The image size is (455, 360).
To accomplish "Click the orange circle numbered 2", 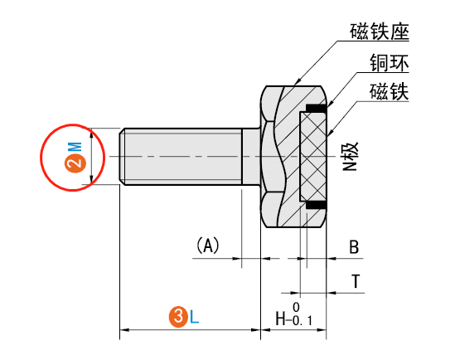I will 75,163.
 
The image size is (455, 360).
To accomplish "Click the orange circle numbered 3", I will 177,316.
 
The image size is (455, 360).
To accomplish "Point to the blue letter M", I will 75,146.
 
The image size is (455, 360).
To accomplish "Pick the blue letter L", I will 195,316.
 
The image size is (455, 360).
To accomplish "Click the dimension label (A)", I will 207,246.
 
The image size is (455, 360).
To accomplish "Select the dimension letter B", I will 354,247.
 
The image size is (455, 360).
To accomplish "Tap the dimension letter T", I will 356,281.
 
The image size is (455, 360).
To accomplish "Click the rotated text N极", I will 351,154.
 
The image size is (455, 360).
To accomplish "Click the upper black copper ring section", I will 316,108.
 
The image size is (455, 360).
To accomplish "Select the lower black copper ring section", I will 316,203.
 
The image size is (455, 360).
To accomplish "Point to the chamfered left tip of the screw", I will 123,156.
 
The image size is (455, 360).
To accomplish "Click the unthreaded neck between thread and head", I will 251,156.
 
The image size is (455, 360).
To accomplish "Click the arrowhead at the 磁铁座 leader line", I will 295,85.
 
